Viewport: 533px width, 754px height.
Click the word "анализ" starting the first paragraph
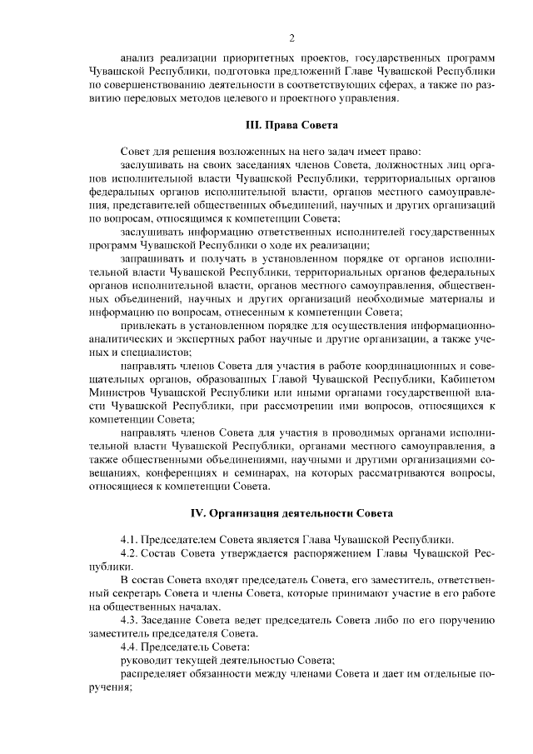[138, 57]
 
